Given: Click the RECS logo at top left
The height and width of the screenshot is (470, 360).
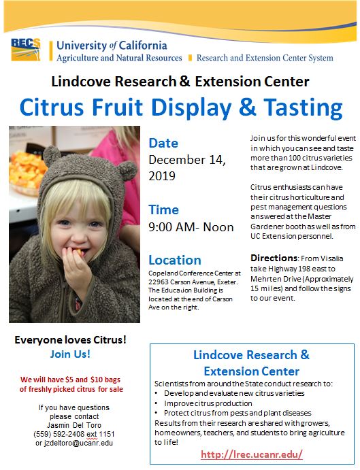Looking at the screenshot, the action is point(26,50).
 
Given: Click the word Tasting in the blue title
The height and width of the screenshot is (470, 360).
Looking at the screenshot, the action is point(303,108).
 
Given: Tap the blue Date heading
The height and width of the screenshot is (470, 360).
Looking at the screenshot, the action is point(163,143).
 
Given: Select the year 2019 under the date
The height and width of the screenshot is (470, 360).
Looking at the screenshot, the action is point(162,175).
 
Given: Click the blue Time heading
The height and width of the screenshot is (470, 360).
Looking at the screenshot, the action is point(164,209).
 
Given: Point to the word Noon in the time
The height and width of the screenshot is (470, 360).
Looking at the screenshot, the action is point(218,227).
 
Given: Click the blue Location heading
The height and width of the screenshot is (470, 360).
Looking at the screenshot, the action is point(175,260).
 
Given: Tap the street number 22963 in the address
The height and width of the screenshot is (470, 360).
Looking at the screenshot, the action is point(158,282).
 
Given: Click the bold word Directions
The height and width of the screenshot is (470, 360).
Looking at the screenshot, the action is point(274,258).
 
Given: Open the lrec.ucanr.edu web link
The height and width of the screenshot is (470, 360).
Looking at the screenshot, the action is point(252,454).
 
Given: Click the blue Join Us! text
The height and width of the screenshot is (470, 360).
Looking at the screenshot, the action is point(70,354).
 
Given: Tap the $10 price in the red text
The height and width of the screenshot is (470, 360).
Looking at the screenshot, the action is point(97,380).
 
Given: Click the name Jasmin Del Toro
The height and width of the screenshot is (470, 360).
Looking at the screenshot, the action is point(74,425).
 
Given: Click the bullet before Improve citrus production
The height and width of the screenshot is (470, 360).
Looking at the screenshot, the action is point(157,403).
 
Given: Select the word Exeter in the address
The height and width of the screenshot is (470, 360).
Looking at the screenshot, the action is point(227,282).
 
